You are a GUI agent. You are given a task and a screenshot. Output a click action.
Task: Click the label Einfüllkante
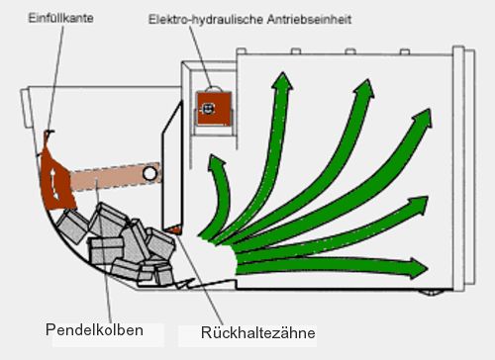(x=60, y=18)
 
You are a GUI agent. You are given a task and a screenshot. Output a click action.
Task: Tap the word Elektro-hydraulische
(x=206, y=20)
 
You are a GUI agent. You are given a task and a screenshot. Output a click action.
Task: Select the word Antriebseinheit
(x=309, y=20)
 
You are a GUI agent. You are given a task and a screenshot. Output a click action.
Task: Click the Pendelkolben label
(x=94, y=330)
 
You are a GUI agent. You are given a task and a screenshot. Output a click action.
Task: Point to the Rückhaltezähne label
(x=257, y=332)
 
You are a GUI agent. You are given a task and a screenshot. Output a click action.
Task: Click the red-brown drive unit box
(x=214, y=109)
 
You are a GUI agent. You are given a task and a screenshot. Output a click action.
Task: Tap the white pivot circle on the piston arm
(x=149, y=173)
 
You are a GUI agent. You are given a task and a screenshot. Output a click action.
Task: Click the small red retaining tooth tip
(x=174, y=229)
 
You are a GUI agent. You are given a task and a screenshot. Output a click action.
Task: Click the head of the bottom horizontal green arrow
(x=419, y=268)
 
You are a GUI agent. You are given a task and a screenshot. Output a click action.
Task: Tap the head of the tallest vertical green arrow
(x=282, y=81)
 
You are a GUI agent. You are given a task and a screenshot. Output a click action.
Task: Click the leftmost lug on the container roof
(x=242, y=50)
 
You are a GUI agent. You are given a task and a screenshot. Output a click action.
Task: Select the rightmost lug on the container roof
(x=405, y=51)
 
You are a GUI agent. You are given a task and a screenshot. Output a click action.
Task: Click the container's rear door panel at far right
(x=464, y=168)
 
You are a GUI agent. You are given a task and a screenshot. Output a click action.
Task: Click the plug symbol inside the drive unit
(x=207, y=109)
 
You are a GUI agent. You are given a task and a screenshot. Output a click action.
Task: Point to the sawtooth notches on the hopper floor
(x=185, y=284)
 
